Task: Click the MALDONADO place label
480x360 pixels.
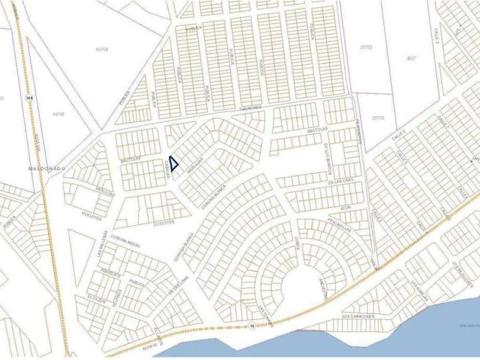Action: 47,169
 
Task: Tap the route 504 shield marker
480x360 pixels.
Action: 28,99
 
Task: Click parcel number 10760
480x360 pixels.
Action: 58,114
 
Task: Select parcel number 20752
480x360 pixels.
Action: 365,47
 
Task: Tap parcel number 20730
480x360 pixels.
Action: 378,117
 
